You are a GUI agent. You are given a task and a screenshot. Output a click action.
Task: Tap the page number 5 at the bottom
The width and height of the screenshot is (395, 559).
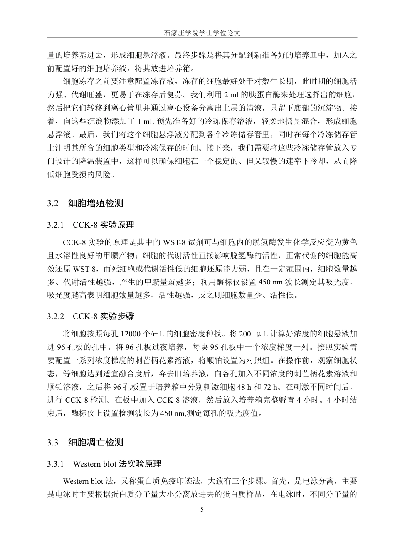[x=202, y=510]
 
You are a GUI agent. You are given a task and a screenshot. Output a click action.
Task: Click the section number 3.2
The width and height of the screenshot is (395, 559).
[x=53, y=204]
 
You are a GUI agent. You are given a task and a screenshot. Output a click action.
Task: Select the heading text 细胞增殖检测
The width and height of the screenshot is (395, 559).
[x=96, y=204]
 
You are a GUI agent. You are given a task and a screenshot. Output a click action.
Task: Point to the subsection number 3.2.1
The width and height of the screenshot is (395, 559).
[x=56, y=225]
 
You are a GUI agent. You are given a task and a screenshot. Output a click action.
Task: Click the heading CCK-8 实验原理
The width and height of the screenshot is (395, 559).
[x=104, y=225]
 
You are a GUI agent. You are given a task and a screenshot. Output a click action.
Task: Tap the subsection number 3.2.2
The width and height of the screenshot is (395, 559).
[x=56, y=317]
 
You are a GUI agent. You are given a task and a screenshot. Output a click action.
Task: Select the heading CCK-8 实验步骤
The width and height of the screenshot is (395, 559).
[x=104, y=317]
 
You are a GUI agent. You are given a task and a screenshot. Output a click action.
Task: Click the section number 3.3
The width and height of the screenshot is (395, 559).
[x=53, y=443]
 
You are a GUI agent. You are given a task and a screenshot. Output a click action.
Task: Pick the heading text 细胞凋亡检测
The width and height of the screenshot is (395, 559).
[x=96, y=443]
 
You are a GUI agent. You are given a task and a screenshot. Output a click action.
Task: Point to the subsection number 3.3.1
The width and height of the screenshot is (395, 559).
[x=56, y=464]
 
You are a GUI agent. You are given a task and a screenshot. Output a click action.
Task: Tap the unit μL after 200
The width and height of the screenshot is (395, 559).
[x=263, y=334]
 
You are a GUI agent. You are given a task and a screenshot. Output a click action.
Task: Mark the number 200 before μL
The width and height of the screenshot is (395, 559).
[x=245, y=334]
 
